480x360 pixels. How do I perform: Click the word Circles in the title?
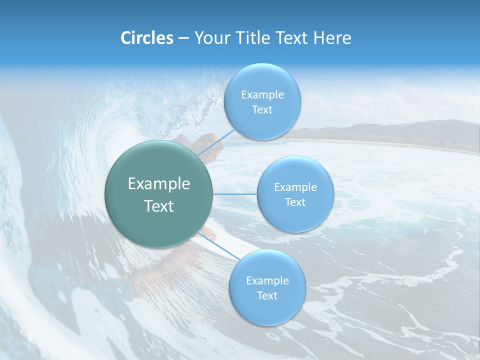coord(146,38)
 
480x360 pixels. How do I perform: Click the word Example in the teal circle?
coord(158,184)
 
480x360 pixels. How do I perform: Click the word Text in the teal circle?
coord(158,206)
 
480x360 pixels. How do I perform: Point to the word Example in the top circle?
coord(262,95)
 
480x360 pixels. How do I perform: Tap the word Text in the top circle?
coord(262,110)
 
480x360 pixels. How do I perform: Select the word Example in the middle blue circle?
coord(295,187)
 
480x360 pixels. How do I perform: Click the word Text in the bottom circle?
coord(267,295)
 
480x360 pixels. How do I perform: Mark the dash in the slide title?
coord(183,38)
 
